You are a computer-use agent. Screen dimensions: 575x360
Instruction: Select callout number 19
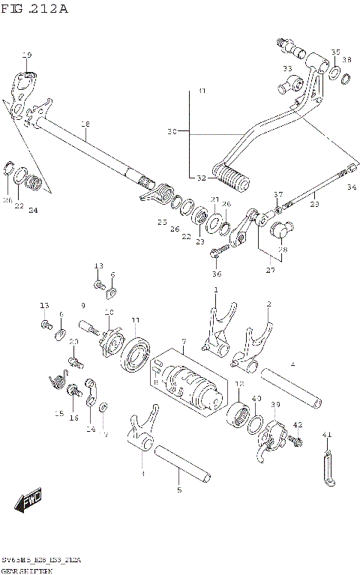[x=27, y=55]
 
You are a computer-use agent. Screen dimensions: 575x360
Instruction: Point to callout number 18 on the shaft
[x=85, y=124]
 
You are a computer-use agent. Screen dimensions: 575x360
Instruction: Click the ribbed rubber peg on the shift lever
[x=229, y=178]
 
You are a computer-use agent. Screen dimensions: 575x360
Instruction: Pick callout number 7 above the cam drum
[x=182, y=343]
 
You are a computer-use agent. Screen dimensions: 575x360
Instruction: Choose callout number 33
[x=287, y=69]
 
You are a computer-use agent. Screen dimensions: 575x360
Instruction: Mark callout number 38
[x=346, y=60]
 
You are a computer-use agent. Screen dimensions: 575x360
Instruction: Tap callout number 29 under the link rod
[x=314, y=203]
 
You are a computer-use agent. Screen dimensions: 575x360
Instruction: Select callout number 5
[x=178, y=490]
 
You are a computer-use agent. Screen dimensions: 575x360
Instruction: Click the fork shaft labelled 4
[x=292, y=385]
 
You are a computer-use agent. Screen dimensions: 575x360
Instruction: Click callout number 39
[x=275, y=405]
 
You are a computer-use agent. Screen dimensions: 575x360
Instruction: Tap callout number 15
[x=58, y=413]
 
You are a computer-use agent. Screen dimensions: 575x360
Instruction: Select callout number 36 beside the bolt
[x=217, y=274]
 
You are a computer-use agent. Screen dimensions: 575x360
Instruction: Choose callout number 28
[x=282, y=250]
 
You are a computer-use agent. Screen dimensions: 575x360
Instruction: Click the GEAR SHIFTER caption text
[x=31, y=571]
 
